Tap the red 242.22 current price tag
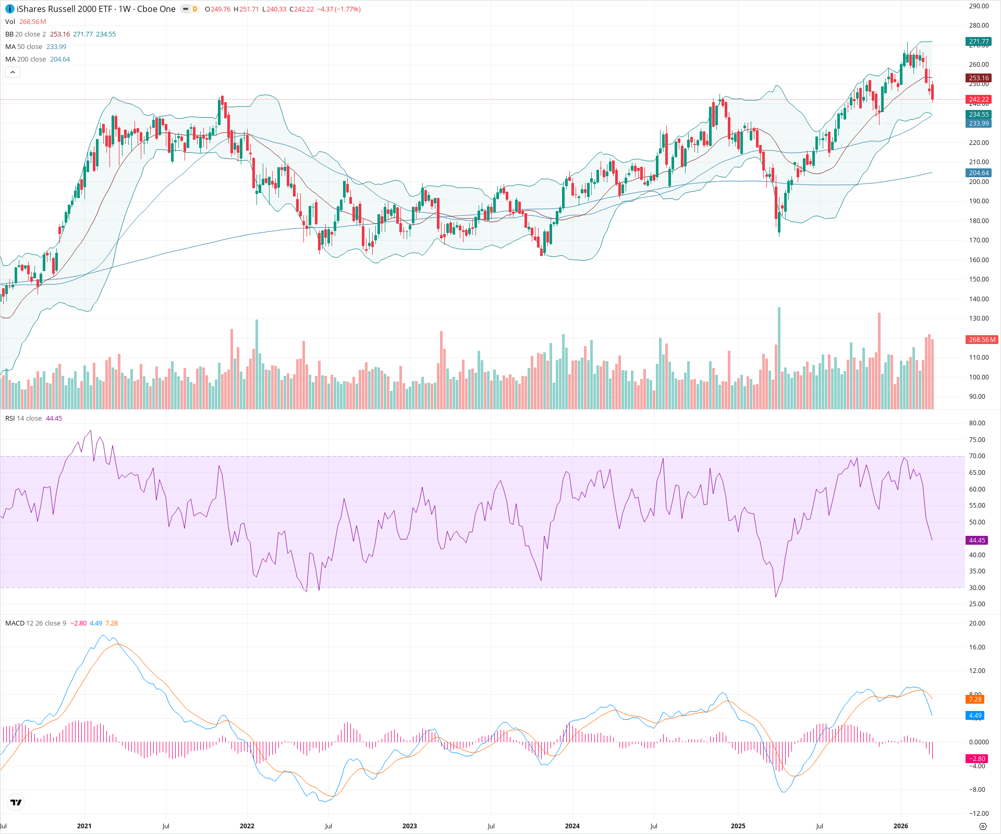(979, 99)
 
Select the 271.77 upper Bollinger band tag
(979, 42)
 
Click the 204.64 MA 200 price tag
(979, 173)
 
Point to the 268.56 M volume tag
(982, 339)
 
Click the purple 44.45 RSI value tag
(977, 540)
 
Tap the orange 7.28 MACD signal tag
(975, 699)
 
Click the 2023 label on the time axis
(409, 826)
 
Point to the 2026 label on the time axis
(900, 826)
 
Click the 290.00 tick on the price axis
(979, 6)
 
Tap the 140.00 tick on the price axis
(979, 299)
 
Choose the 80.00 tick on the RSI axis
(977, 423)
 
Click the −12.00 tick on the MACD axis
(977, 813)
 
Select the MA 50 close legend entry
(24, 46)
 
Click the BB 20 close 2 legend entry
(26, 34)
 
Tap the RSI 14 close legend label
(23, 418)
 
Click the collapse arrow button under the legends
(13, 72)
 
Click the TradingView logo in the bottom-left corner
(16, 802)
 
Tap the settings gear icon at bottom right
(983, 826)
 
